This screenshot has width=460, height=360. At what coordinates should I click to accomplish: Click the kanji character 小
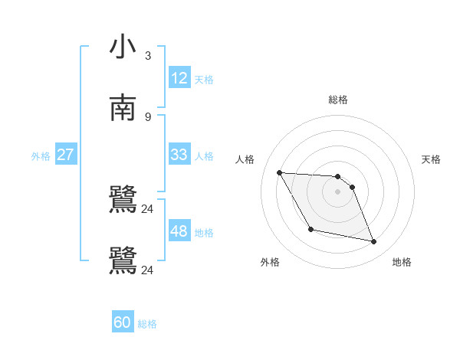pyautogui.click(x=123, y=47)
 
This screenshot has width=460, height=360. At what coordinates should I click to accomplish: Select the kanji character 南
pyautogui.click(x=123, y=107)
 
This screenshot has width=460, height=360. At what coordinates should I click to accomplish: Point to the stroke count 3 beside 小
pyautogui.click(x=148, y=56)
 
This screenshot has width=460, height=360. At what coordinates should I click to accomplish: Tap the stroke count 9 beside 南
pyautogui.click(x=148, y=116)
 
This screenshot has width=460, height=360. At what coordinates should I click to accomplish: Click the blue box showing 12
pyautogui.click(x=179, y=78)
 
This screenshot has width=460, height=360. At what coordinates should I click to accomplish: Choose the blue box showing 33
pyautogui.click(x=179, y=155)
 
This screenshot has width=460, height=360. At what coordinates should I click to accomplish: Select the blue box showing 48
pyautogui.click(x=179, y=231)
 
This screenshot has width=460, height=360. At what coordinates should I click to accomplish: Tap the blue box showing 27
pyautogui.click(x=65, y=155)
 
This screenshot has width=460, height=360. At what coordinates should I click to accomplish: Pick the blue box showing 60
pyautogui.click(x=123, y=322)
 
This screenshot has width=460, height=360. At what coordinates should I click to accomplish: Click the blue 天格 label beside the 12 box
pyautogui.click(x=204, y=80)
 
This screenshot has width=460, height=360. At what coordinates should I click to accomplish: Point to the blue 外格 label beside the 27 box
pyautogui.click(x=41, y=156)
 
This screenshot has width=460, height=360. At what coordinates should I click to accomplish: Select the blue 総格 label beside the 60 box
pyautogui.click(x=147, y=324)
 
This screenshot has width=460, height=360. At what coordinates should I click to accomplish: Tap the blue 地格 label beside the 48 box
pyautogui.click(x=204, y=233)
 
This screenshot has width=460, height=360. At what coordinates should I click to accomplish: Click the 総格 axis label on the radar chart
pyautogui.click(x=338, y=100)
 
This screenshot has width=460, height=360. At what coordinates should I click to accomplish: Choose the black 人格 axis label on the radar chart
pyautogui.click(x=245, y=159)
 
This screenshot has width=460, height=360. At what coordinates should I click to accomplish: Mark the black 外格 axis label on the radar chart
pyautogui.click(x=270, y=262)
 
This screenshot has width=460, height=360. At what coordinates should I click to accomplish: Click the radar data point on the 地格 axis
pyautogui.click(x=374, y=242)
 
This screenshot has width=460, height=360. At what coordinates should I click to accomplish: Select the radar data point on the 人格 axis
pyautogui.click(x=280, y=172)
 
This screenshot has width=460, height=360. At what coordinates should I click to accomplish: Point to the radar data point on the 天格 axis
pyautogui.click(x=352, y=187)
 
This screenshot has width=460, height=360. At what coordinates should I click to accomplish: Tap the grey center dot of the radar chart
pyautogui.click(x=338, y=191)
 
